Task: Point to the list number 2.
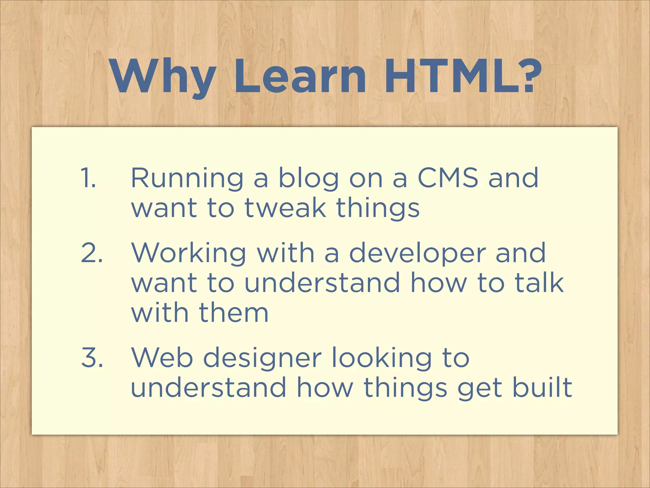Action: click(x=92, y=253)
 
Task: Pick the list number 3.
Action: click(x=92, y=358)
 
